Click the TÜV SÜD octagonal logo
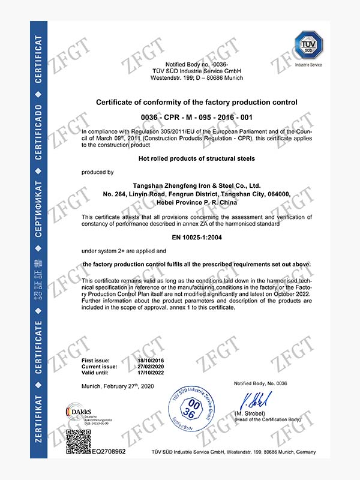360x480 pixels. coord(308,47)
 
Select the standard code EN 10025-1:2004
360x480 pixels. coord(197,238)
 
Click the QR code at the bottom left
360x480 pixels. coord(78,441)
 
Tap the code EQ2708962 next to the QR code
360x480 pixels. coord(109,451)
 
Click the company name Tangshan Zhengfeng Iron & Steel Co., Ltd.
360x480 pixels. coord(197,186)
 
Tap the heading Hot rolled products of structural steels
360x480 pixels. coord(197,158)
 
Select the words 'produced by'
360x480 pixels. coord(98,173)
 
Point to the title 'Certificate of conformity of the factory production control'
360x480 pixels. coord(197,103)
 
